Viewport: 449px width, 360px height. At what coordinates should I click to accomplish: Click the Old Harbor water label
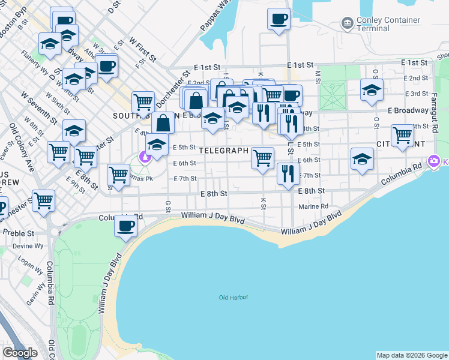click(234, 298)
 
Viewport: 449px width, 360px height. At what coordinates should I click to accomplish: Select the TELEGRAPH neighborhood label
click(224, 151)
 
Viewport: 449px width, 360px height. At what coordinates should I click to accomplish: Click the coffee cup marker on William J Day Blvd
click(126, 226)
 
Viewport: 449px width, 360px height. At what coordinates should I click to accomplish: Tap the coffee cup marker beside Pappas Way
click(278, 19)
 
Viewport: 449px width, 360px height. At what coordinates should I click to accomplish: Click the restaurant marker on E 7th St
click(288, 173)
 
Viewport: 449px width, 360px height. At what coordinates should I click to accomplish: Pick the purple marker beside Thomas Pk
click(144, 157)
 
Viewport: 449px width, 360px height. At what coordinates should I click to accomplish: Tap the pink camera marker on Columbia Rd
click(434, 161)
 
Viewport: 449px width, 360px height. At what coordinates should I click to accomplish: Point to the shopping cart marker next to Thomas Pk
click(118, 175)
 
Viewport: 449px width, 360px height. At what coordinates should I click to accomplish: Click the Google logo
click(20, 353)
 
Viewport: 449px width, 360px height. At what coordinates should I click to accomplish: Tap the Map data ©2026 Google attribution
click(412, 355)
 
